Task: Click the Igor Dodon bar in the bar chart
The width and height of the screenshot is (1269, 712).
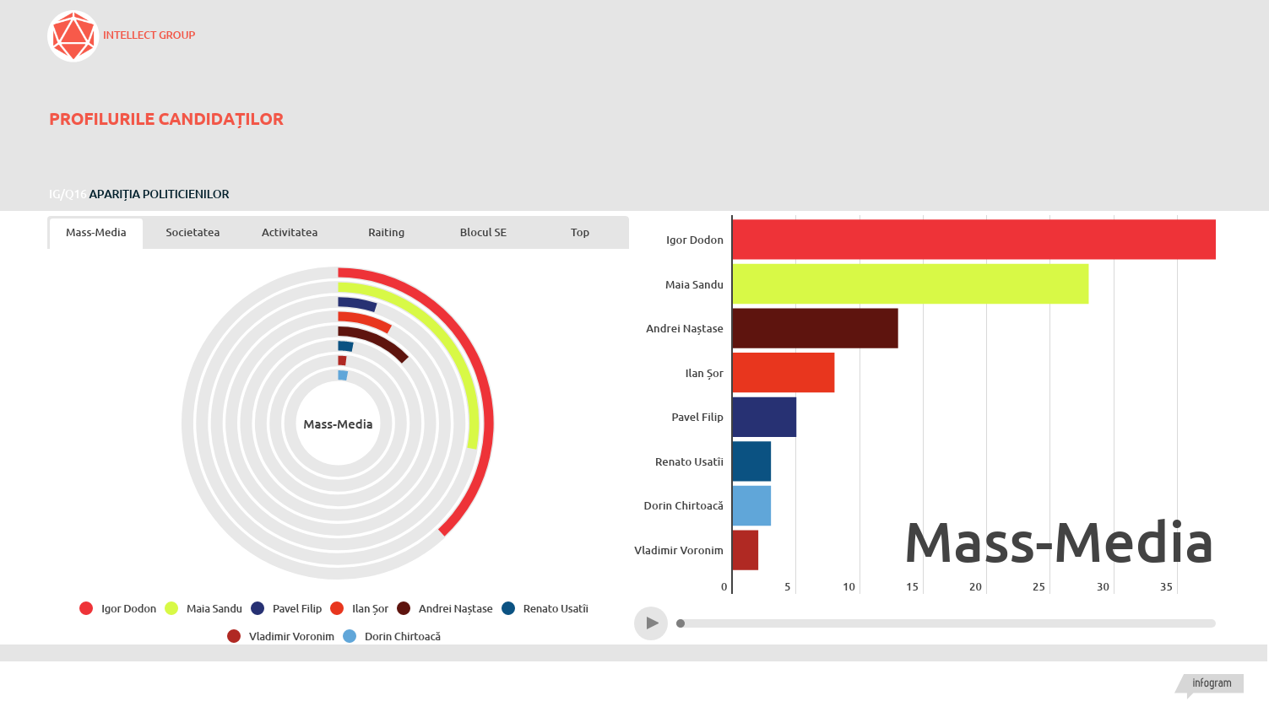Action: (x=973, y=240)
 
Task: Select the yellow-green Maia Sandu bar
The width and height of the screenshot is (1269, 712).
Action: (x=910, y=283)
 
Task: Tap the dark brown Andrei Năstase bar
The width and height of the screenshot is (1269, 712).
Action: (x=815, y=328)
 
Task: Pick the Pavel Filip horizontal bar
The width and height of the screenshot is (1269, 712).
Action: (x=764, y=417)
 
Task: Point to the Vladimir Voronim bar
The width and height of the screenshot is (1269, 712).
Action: (x=746, y=550)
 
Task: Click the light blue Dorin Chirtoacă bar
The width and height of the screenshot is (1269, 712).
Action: (x=751, y=505)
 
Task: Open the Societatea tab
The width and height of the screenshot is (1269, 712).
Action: (x=193, y=233)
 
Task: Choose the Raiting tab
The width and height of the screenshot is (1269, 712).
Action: (x=386, y=233)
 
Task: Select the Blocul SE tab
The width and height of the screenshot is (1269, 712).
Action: (x=483, y=233)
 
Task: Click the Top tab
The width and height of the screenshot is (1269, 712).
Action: (x=580, y=233)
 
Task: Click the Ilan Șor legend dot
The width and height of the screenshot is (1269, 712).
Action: (x=338, y=608)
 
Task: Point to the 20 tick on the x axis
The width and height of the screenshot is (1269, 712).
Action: (x=975, y=587)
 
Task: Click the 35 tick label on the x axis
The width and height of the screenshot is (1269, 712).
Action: (x=1166, y=587)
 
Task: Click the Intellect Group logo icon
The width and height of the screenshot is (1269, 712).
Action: (x=73, y=36)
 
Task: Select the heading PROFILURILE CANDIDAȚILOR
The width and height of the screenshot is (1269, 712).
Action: (x=166, y=119)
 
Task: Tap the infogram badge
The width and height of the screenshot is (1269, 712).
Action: (x=1212, y=683)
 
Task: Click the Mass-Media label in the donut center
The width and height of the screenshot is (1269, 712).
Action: (x=338, y=424)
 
